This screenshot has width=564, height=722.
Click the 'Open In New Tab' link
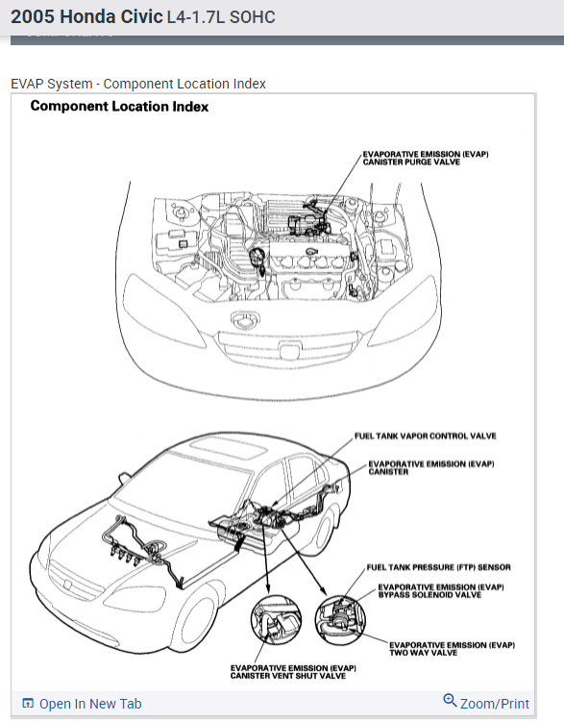coord(90,704)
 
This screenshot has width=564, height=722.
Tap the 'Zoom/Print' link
coord(495,704)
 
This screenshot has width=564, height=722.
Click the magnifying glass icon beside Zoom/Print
coord(450,700)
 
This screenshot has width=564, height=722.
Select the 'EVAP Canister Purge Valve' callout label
coord(426,158)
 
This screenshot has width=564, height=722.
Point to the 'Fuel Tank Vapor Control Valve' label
coord(425,436)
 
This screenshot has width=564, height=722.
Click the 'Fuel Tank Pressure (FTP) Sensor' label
coord(438,567)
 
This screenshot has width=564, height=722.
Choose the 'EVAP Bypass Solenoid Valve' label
coord(441,590)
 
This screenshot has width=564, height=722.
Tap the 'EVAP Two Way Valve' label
coord(452,649)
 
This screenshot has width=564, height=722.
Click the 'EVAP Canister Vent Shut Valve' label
coord(293,672)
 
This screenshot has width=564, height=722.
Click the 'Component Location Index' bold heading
coord(119,107)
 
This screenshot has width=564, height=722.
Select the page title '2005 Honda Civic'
coord(86,17)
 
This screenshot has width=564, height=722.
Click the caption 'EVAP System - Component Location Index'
coord(138,84)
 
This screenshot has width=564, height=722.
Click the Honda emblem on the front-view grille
coord(291,352)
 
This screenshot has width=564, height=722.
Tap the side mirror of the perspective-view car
coord(124,478)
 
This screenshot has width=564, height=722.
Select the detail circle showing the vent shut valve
coord(276,620)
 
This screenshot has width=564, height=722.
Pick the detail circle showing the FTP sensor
coord(340,620)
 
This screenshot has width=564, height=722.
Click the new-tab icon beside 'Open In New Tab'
coord(28,704)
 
